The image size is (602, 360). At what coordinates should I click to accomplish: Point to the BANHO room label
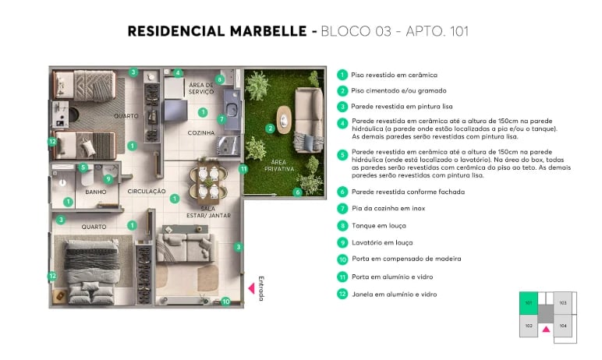(x=96, y=192)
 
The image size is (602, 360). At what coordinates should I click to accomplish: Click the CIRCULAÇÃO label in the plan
(x=147, y=191)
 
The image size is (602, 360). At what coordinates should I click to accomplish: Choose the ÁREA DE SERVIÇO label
(x=201, y=87)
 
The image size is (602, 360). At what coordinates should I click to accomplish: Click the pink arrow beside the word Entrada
(x=252, y=288)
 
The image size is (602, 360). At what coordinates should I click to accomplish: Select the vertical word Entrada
(x=262, y=288)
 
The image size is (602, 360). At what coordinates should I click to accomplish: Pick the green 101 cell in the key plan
(x=529, y=303)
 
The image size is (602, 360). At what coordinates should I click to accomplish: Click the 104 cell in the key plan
(x=563, y=326)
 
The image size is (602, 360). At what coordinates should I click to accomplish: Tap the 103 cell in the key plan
(x=563, y=303)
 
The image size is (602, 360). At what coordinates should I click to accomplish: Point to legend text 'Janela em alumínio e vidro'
(x=394, y=295)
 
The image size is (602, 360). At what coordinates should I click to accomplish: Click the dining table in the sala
(x=203, y=182)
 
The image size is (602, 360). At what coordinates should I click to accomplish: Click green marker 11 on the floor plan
(x=243, y=168)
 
